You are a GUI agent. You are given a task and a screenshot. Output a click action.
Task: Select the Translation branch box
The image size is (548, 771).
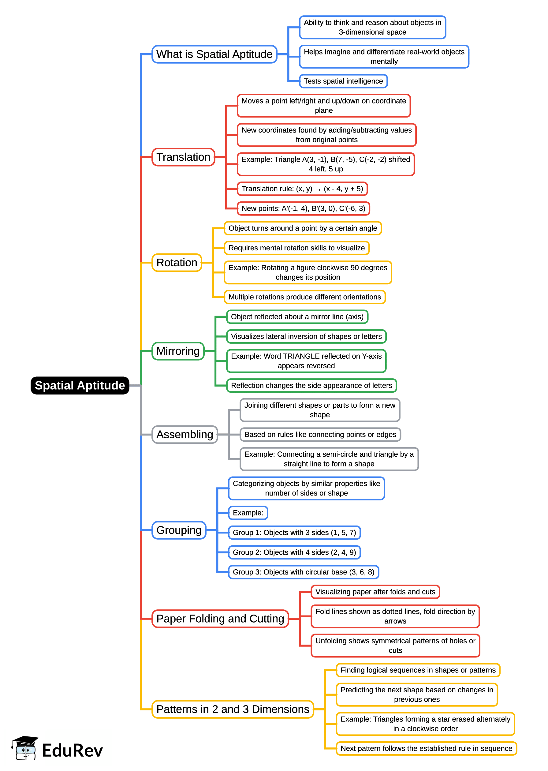(x=183, y=157)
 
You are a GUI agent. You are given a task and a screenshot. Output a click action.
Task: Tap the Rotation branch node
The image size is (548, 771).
(x=177, y=262)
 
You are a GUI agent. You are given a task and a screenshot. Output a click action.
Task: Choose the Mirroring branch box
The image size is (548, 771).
(x=178, y=351)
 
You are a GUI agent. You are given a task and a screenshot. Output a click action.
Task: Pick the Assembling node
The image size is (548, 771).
(x=185, y=434)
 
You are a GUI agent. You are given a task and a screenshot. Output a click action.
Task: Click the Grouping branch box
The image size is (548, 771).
(x=179, y=530)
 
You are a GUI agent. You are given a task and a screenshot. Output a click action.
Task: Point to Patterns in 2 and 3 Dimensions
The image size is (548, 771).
(x=233, y=709)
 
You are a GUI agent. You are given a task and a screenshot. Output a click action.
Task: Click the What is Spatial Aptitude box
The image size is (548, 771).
(x=214, y=54)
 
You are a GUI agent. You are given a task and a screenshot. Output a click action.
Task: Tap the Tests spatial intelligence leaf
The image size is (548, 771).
(x=343, y=81)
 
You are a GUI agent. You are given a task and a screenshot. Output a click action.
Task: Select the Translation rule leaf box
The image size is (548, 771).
(x=302, y=189)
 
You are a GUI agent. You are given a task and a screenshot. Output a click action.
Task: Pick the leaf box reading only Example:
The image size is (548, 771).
(x=248, y=513)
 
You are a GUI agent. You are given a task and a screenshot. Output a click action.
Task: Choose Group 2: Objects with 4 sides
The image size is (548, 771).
(x=294, y=552)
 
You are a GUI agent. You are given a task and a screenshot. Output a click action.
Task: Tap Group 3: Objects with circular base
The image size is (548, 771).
(x=303, y=572)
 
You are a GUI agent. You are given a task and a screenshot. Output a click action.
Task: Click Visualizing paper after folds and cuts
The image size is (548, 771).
(x=375, y=592)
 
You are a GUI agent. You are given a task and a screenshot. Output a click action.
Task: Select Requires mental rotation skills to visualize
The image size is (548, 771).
(x=296, y=248)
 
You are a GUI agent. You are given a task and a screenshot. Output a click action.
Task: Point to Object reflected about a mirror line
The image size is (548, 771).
(x=297, y=317)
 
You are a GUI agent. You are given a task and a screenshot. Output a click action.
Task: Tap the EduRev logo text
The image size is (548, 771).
(x=72, y=751)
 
